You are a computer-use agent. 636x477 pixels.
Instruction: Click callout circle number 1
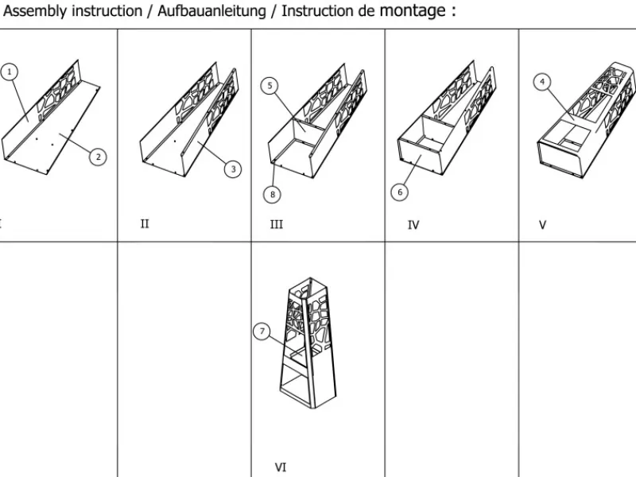(10, 72)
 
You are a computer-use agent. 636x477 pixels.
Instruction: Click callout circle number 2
(98, 157)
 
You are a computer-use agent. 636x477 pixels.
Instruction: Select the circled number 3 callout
(232, 169)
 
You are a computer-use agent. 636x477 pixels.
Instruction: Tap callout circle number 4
(542, 81)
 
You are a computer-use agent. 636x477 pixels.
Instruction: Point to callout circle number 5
(270, 85)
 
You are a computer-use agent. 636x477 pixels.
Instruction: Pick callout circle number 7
(262, 332)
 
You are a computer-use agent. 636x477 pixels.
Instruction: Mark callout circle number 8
(273, 193)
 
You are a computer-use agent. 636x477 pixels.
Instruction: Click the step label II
(145, 224)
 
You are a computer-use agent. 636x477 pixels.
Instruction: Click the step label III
(277, 225)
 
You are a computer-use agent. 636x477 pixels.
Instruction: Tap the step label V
(543, 225)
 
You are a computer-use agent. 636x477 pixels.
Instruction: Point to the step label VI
(280, 467)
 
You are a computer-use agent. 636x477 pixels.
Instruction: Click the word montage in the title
(412, 11)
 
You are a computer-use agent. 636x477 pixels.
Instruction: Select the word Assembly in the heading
(31, 12)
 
